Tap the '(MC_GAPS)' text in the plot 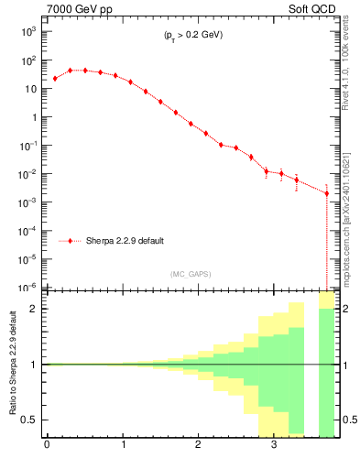point(188,274)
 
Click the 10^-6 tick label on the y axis point(27,287)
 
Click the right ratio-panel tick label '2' point(346,309)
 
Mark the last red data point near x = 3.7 point(327,193)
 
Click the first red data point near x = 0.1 point(55,79)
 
